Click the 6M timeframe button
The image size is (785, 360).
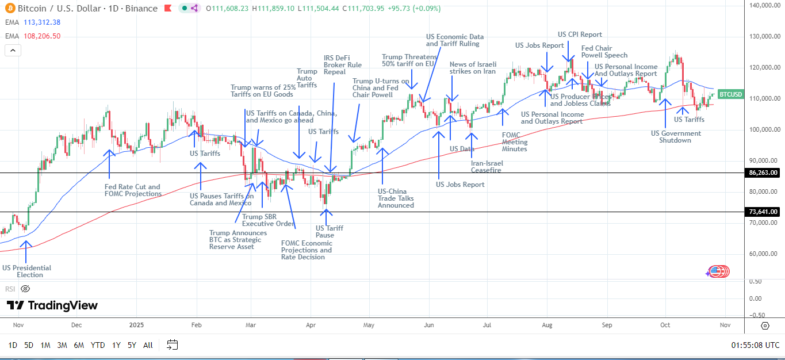pyautogui.click(x=79, y=345)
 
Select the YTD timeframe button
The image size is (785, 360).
pyautogui.click(x=98, y=345)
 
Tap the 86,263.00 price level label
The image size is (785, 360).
pyautogui.click(x=763, y=173)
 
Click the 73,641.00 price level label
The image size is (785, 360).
pyautogui.click(x=763, y=212)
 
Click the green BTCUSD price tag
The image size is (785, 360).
pyautogui.click(x=730, y=94)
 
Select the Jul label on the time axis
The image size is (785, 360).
pyautogui.click(x=487, y=325)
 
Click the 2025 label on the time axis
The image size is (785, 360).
pyautogui.click(x=136, y=325)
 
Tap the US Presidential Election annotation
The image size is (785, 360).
pyautogui.click(x=26, y=271)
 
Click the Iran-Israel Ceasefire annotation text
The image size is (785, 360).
pyautogui.click(x=486, y=167)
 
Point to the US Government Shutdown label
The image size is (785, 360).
pyautogui.click(x=676, y=137)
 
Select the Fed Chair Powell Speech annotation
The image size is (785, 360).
pyautogui.click(x=604, y=52)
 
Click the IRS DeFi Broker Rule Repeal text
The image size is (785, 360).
pyautogui.click(x=335, y=64)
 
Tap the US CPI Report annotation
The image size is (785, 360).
pyautogui.click(x=580, y=35)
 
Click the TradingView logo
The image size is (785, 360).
pyautogui.click(x=52, y=305)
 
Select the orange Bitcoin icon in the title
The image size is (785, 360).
pyautogui.click(x=9, y=9)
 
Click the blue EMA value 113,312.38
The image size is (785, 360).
pyautogui.click(x=42, y=22)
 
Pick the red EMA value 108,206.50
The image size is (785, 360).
pyautogui.click(x=42, y=36)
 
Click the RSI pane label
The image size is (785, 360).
pyautogui.click(x=10, y=289)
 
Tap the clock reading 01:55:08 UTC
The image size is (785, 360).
pyautogui.click(x=755, y=345)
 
